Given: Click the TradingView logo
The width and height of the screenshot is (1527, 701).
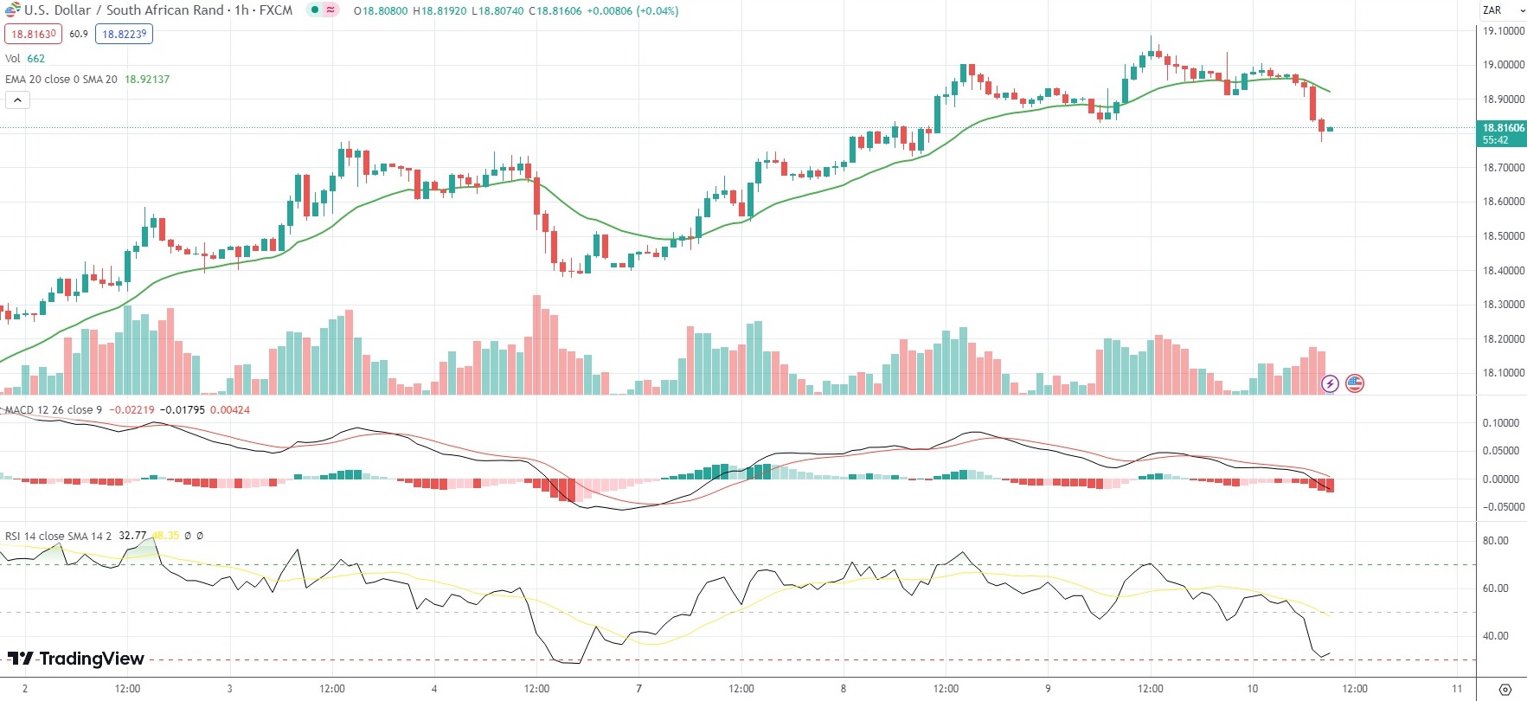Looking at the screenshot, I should (x=76, y=659).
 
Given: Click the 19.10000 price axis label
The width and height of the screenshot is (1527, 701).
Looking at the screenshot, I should (x=1504, y=31).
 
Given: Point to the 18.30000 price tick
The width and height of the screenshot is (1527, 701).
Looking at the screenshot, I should (x=1504, y=305).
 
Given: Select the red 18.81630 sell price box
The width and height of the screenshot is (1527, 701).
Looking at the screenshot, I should (x=33, y=34).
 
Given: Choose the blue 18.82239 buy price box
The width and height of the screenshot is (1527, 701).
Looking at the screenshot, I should (x=125, y=34).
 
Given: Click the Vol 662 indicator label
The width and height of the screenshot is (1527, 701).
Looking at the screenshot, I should (x=25, y=59).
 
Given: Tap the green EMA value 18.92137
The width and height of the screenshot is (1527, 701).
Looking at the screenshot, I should (x=147, y=80).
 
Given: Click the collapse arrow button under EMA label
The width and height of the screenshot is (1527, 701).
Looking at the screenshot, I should (x=17, y=100).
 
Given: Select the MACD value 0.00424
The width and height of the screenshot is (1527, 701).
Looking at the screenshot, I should (x=230, y=410).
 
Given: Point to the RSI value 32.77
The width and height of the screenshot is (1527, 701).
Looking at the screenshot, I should (x=132, y=536).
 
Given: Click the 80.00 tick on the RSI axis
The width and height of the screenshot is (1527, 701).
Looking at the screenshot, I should (x=1496, y=541).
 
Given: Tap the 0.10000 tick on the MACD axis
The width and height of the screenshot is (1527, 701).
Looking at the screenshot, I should (x=1501, y=423).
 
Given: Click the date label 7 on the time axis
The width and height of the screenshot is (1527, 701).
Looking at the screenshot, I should (x=638, y=689).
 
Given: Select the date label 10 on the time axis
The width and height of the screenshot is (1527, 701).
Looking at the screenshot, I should (x=1252, y=689).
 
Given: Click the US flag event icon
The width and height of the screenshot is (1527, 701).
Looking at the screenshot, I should (x=1355, y=383).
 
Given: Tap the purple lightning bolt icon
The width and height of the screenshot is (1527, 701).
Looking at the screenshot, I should (x=1330, y=383).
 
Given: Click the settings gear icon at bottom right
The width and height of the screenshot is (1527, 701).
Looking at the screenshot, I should (x=1505, y=690).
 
